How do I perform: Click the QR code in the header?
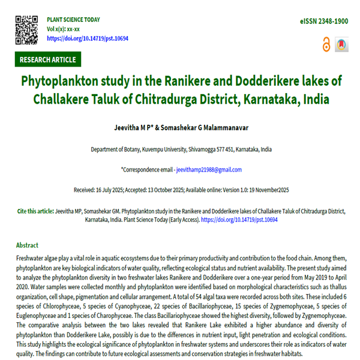(x=26, y=28)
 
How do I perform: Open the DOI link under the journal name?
(x=87, y=38)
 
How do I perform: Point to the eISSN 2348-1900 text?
(x=324, y=21)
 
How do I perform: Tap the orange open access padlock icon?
(x=326, y=44)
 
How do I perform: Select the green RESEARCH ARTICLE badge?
(x=48, y=59)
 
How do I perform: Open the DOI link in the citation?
(x=239, y=220)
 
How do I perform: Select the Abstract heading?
(x=27, y=245)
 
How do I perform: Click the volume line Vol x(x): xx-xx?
(x=64, y=29)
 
